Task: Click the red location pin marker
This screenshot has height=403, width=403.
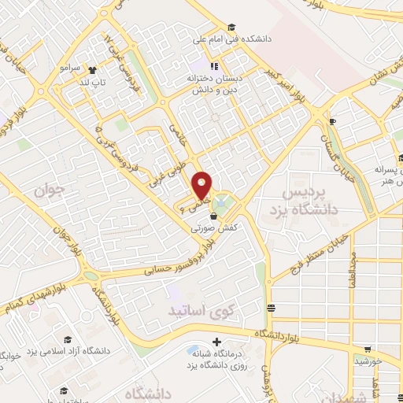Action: pyautogui.click(x=202, y=186)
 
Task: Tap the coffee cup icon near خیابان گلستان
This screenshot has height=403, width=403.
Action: pyautogui.click(x=332, y=120)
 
